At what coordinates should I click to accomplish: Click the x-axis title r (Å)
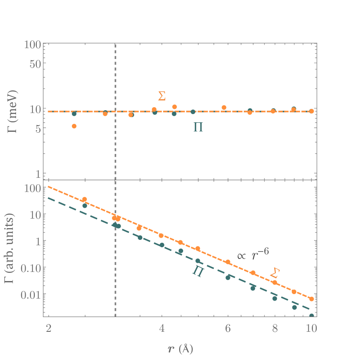pyautogui.click(x=180, y=348)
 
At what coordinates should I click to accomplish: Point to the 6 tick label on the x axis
pyautogui.click(x=228, y=329)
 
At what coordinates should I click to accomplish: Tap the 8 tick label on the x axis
pyautogui.click(x=275, y=329)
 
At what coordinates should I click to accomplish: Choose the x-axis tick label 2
pyautogui.click(x=48, y=329)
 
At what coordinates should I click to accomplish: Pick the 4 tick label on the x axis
pyautogui.click(x=162, y=329)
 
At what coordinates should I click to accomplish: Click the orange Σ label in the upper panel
pyautogui.click(x=162, y=96)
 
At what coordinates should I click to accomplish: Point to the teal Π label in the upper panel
pyautogui.click(x=198, y=128)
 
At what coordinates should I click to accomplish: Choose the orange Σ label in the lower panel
pyautogui.click(x=274, y=273)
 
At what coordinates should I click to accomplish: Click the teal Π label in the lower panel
pyautogui.click(x=198, y=272)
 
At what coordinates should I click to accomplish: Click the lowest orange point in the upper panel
pyautogui.click(x=74, y=126)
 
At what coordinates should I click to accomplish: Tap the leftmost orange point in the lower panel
pyautogui.click(x=85, y=200)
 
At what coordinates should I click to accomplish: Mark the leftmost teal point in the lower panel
pyautogui.click(x=85, y=206)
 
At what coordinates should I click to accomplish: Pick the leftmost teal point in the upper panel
pyautogui.click(x=74, y=114)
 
